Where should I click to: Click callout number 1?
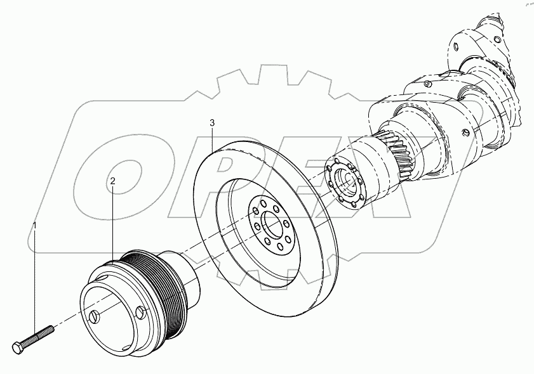pos(35,225)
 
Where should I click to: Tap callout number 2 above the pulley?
pos(112,181)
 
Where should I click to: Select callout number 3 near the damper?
pos(213,122)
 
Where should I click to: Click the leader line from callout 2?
pos(112,222)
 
